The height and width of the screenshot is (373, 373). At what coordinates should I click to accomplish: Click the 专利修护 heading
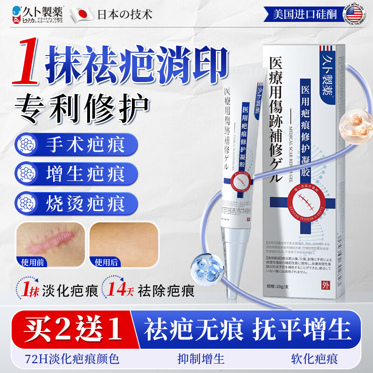pyautogui.click(x=83, y=106)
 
